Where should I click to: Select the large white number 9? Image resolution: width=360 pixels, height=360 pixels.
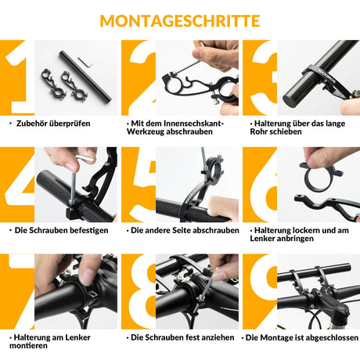coord(260,291)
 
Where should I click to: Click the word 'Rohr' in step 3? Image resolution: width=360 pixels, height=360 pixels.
coord(265,132)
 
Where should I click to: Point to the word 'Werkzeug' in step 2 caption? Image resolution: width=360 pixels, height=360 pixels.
coord(153,132)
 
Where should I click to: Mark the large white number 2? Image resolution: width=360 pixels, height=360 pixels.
coord(139,78)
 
